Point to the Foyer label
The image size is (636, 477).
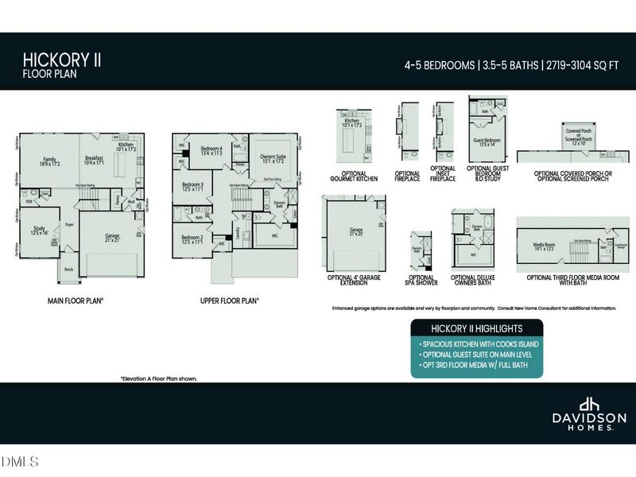tap(69, 224)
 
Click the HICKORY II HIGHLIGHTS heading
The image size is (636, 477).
tap(476, 328)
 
